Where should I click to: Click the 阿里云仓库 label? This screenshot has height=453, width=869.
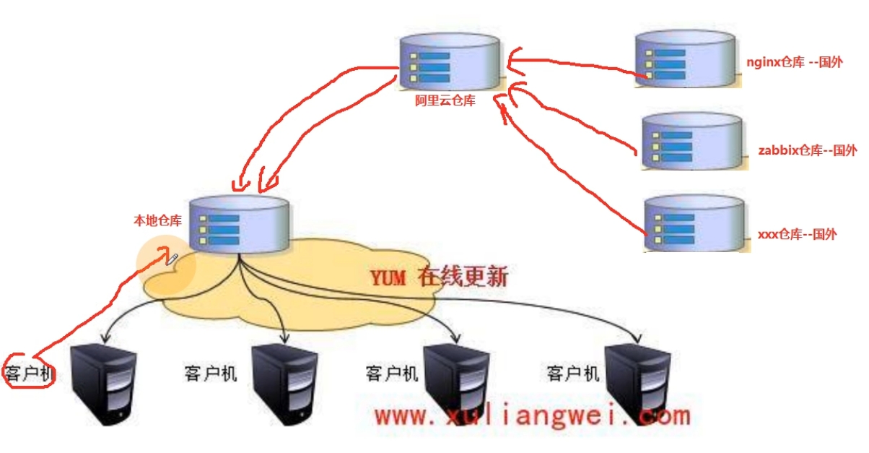[445, 101]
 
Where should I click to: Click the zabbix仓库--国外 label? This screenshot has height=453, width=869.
[807, 150]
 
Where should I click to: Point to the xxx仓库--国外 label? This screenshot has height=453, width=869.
[797, 234]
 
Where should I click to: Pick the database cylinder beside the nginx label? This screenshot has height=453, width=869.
[686, 59]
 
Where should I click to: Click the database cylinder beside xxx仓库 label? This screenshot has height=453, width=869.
[694, 223]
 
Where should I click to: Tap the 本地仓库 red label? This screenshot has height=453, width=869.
[157, 220]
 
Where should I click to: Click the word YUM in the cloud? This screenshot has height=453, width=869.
[388, 277]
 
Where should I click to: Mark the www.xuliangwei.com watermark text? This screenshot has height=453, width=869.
[532, 416]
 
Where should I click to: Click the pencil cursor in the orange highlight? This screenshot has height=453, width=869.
[171, 258]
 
